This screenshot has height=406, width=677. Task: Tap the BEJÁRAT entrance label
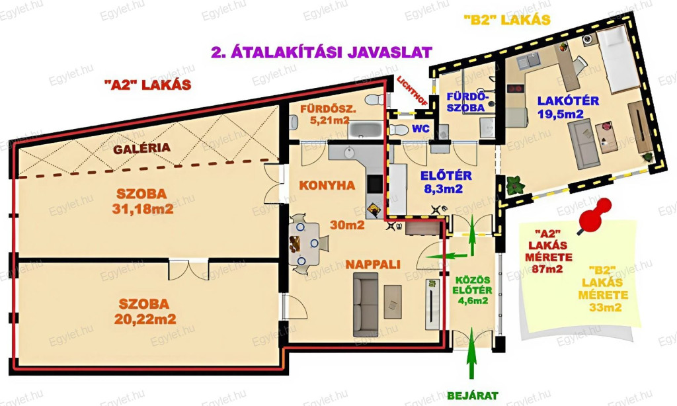tap(472, 395)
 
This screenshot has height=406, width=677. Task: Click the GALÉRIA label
tap(141, 148)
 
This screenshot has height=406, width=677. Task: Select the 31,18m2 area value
tap(143, 209)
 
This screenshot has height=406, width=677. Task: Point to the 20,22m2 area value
tap(145, 319)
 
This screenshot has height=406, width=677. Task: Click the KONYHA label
tap(327, 185)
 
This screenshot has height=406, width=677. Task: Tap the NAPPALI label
tap(373, 264)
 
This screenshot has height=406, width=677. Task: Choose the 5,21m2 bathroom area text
tap(329, 120)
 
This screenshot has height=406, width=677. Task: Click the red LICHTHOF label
tap(412, 91)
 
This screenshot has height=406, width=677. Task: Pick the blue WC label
tap(420, 129)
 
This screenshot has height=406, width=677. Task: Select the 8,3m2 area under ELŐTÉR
tap(444, 188)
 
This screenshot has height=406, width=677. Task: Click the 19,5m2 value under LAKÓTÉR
tap(561, 114)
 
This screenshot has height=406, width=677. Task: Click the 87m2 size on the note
tap(547, 268)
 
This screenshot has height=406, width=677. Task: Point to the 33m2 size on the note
tap(606, 307)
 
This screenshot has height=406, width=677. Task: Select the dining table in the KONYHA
tap(304, 244)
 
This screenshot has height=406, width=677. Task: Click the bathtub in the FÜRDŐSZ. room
tap(365, 130)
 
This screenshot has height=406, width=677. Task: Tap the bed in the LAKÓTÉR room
tap(618, 59)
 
